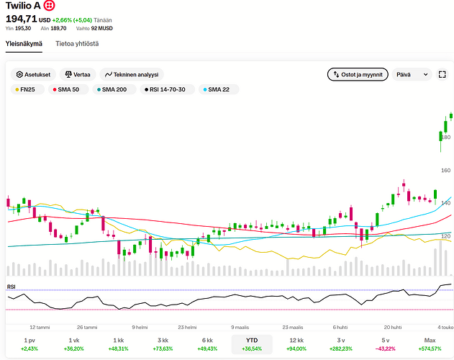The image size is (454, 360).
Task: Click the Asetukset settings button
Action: point(33,74)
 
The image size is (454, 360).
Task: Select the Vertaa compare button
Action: point(78,74)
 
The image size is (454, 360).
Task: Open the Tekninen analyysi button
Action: point(132,74)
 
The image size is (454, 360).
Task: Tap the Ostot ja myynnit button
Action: point(358,74)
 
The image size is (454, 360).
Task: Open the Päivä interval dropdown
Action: point(412,74)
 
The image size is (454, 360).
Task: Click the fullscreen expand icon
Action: point(442,74)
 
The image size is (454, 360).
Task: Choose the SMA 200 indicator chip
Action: point(114,89)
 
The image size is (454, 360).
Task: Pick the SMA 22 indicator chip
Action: point(219,89)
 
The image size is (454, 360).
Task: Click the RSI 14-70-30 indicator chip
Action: point(168,89)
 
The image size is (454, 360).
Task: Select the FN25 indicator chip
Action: point(27,89)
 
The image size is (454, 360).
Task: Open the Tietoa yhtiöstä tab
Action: point(77,44)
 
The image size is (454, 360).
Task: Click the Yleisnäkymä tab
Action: point(24,44)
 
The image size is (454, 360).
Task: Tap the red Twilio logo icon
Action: point(49,6)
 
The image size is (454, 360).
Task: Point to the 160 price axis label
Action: point(445,171)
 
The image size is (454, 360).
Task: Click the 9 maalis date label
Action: point(240,328)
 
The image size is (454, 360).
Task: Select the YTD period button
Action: point(252,344)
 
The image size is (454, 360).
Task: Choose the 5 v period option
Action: point(386,344)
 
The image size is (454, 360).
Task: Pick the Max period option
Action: point(430,344)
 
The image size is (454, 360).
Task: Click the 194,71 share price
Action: point(22,19)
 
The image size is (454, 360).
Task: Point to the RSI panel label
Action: point(12,287)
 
